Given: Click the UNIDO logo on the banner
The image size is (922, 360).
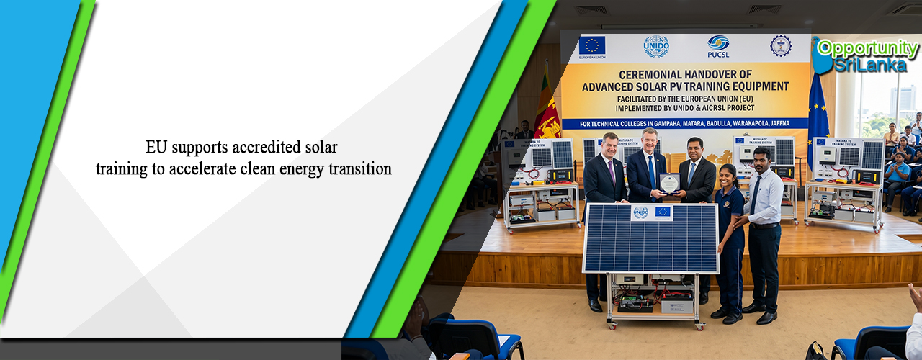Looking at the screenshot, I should tap(656, 46).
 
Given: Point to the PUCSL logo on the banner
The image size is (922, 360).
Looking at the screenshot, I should tap(718, 47).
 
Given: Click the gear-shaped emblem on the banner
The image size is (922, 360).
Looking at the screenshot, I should tap(780, 46).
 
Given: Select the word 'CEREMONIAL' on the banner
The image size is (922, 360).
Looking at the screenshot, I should tap(644, 74).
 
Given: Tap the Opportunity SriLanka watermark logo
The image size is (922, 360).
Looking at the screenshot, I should tap(867, 56).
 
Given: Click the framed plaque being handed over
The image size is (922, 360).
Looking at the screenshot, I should tap(669, 184).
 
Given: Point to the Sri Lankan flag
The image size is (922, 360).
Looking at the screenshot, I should tap(547, 108).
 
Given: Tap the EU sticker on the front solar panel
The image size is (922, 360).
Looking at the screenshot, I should tap(662, 212).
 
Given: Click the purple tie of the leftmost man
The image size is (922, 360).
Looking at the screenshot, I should tap(612, 172).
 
